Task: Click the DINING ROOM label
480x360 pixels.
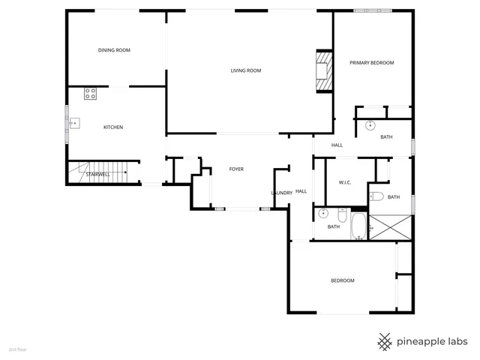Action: tap(114, 50)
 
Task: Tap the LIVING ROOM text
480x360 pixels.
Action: tap(245, 70)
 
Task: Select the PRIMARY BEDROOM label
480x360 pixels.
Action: tap(371, 63)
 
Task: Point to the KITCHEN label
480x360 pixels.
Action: tap(113, 127)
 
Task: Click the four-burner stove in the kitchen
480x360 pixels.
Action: tap(90, 94)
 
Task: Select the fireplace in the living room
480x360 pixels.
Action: tap(322, 71)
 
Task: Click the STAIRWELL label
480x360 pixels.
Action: tap(97, 174)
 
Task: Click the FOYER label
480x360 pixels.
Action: tap(237, 169)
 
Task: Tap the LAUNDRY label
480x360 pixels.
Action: tap(281, 193)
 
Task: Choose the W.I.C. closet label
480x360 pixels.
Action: tap(345, 181)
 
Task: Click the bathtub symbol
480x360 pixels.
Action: tap(359, 226)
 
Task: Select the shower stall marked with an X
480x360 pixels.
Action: tap(390, 227)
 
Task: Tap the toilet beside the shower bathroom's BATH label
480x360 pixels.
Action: tap(376, 196)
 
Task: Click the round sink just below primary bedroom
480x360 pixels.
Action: tap(370, 126)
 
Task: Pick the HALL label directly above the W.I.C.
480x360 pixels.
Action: tap(337, 145)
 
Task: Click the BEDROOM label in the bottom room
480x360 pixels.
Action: tap(342, 280)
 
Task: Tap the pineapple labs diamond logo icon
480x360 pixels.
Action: tap(385, 341)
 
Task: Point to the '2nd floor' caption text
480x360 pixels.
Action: tap(17, 349)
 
